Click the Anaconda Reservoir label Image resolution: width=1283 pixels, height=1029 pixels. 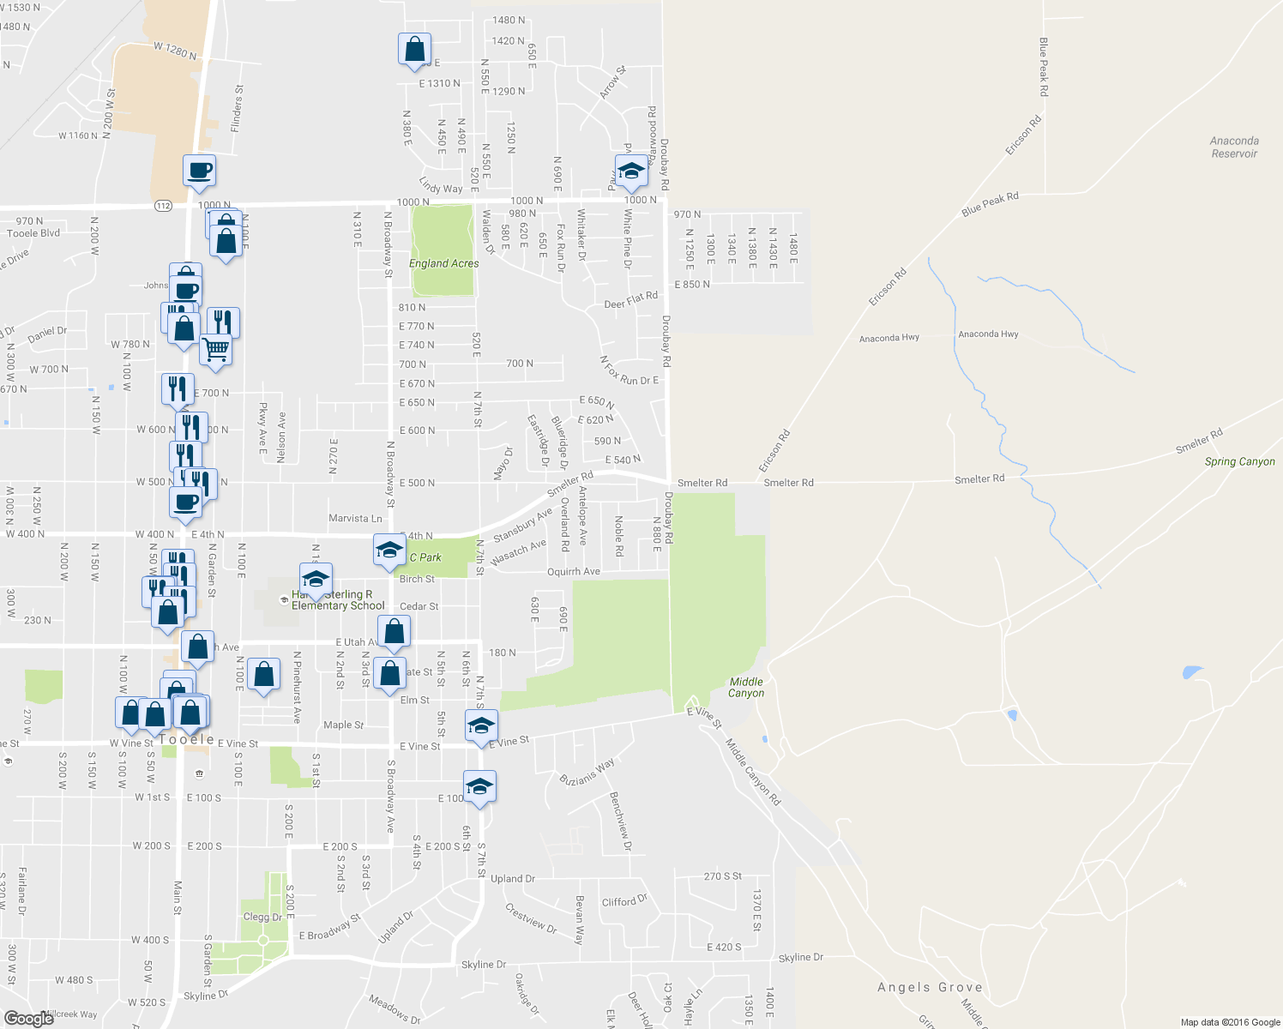pyautogui.click(x=1234, y=147)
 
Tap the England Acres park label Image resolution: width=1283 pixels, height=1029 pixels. pyautogui.click(x=443, y=263)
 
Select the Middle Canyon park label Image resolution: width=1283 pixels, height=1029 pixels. pyautogui.click(x=745, y=688)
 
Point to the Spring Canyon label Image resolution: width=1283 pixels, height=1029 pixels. pyautogui.click(x=1239, y=461)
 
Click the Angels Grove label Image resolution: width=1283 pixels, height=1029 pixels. pyautogui.click(x=930, y=987)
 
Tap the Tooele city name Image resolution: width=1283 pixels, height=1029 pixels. pyautogui.click(x=187, y=739)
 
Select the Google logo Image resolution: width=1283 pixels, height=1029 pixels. pyautogui.click(x=29, y=1018)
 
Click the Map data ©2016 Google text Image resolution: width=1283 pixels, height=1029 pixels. pyautogui.click(x=1230, y=1022)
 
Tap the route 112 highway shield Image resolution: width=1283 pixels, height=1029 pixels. pyautogui.click(x=164, y=206)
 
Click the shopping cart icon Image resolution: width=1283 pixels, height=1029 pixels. pyautogui.click(x=215, y=348)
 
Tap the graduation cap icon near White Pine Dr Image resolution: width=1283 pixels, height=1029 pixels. pyautogui.click(x=631, y=171)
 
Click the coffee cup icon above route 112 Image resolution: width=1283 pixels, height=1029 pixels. pyautogui.click(x=199, y=170)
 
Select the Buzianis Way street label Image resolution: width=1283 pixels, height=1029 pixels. pyautogui.click(x=587, y=771)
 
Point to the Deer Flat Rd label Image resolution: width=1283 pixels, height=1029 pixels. pyautogui.click(x=630, y=300)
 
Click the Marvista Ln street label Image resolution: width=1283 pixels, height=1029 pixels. pyautogui.click(x=355, y=518)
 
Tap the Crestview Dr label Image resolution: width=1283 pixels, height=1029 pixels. pyautogui.click(x=531, y=918)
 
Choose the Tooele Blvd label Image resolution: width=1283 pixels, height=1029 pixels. pyautogui.click(x=33, y=233)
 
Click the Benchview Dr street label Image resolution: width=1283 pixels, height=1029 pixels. pyautogui.click(x=620, y=821)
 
